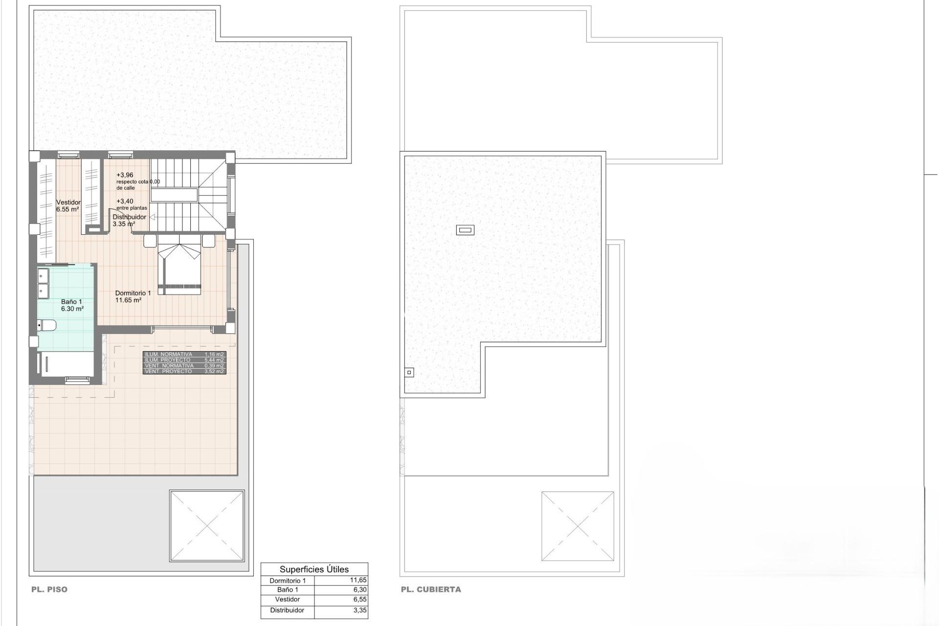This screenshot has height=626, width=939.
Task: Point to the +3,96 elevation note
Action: [125, 175]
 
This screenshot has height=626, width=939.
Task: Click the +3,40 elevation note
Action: [125, 201]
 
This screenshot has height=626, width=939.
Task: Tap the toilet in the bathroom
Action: [47, 325]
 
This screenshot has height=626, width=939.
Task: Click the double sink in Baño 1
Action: [44, 284]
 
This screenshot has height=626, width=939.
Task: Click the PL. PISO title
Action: [49, 589]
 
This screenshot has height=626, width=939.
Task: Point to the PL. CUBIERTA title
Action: [431, 589]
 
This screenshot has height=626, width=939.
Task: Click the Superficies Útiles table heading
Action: [314, 569]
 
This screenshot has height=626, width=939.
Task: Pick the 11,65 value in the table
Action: [358, 581]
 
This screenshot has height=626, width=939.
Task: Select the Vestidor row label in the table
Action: [288, 599]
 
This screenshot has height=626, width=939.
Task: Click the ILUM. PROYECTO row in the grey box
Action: [184, 360]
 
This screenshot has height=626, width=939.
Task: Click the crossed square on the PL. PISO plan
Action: [206, 526]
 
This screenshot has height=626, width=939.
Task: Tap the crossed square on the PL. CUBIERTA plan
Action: [578, 526]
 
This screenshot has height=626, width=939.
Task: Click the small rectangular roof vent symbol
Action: [465, 230]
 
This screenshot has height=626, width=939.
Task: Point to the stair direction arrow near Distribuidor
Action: [152, 217]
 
